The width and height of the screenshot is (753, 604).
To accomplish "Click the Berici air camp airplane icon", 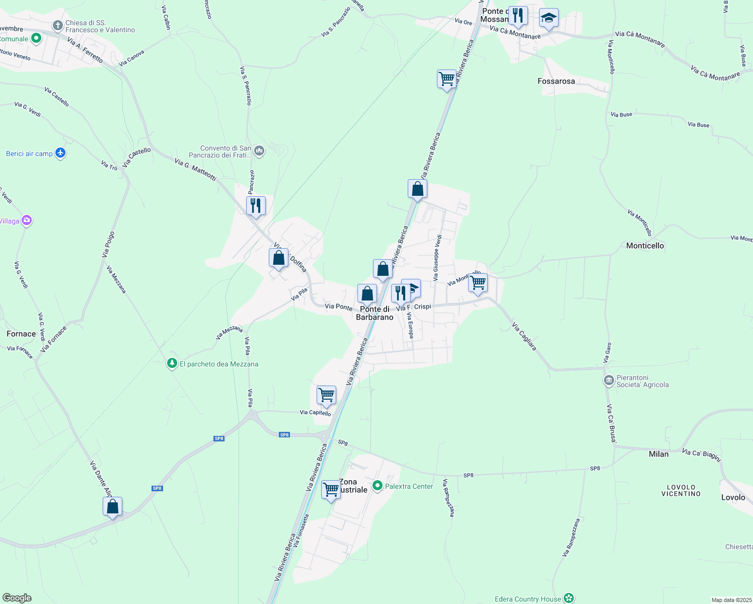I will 60,153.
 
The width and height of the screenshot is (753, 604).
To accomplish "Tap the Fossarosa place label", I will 556,81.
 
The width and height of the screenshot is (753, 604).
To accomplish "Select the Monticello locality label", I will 645,246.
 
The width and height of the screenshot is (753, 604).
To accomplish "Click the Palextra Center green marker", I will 378,486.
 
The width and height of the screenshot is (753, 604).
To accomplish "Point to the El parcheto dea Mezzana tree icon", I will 172,363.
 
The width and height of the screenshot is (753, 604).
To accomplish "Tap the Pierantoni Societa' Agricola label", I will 643,381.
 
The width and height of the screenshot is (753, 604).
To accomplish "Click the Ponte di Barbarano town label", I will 374,313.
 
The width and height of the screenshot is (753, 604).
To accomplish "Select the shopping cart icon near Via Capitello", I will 326,395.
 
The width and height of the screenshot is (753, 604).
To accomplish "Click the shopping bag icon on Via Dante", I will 113,506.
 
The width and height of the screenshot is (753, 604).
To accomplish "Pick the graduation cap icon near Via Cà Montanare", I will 548,18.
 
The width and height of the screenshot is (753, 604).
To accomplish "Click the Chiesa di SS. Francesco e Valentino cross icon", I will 58,25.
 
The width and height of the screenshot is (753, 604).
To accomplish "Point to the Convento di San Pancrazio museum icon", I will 259,150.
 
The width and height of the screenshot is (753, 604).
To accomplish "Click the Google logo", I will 17,598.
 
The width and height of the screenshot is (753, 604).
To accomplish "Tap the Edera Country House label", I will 528,599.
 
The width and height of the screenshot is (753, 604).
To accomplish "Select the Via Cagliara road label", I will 524,337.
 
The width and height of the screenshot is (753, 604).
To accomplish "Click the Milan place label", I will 658,454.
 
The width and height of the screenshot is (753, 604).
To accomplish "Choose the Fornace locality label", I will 21,334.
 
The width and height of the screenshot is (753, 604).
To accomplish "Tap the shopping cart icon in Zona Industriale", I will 331,489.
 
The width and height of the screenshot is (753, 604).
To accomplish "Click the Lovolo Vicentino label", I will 681,490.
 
